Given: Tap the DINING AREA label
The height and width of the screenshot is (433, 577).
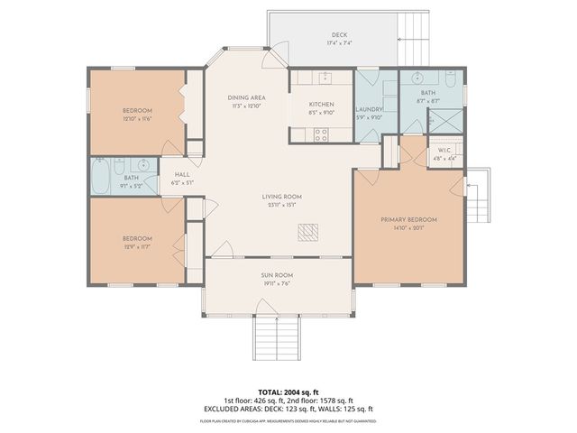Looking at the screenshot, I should point(220,97).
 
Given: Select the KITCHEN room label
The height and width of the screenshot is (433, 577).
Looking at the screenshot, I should point(322,105).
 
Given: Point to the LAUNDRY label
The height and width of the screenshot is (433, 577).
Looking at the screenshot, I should point(371,109).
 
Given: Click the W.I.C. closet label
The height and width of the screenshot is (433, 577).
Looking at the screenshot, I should point(444,150).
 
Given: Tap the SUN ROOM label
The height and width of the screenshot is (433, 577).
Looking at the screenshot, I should point(279,275).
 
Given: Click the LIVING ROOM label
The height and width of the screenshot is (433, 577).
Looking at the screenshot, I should point(281,196).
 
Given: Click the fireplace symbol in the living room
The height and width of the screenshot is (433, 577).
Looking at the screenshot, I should point(309,233).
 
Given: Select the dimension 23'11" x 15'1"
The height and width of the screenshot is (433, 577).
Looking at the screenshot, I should point(281,205).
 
